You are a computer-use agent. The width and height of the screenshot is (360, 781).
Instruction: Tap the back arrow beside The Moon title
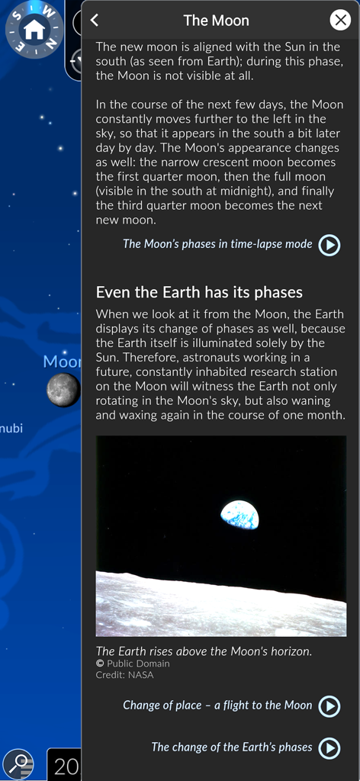pos(95,21)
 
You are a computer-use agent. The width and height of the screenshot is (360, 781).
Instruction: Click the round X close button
pos(340,21)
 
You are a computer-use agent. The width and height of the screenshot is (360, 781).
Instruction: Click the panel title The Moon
pos(216,21)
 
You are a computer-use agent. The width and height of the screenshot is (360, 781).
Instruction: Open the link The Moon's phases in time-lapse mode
pos(217,244)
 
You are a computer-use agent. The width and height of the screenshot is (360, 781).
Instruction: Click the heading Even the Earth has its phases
pos(199,292)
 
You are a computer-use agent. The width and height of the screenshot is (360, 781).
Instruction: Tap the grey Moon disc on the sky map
pos(63,390)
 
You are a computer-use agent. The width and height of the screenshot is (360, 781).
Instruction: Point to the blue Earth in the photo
pos(239,515)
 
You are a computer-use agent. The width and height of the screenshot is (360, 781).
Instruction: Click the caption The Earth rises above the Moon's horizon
pos(204,651)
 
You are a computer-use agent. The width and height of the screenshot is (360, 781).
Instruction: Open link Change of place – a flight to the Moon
pos(217,705)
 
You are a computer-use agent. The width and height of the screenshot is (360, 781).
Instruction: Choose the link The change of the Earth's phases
pos(232,747)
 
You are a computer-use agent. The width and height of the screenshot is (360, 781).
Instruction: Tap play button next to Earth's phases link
pos(329,748)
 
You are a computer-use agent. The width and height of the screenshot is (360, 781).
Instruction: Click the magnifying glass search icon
pos(18,763)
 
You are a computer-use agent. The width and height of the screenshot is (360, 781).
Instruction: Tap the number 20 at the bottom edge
pos(66,766)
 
